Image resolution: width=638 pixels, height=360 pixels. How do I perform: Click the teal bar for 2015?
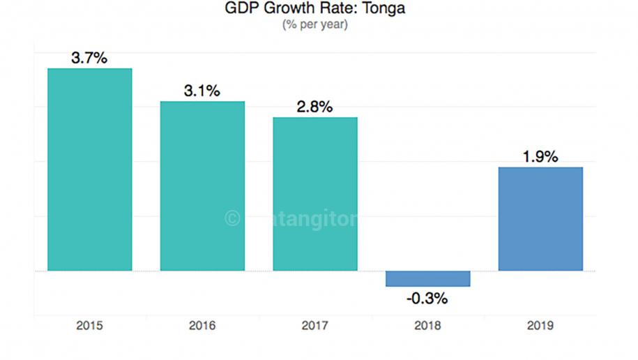(89, 170)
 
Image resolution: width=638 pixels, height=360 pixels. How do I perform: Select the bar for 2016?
(202, 186)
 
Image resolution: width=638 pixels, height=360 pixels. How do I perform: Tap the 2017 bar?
(315, 194)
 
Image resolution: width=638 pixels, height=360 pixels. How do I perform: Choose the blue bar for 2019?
(540, 218)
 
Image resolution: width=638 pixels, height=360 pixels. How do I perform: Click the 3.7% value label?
(89, 58)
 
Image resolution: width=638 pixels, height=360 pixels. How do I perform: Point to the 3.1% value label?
(202, 91)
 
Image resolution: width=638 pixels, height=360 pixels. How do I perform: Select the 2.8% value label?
(315, 107)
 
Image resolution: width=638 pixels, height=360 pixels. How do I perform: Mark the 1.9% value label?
(540, 157)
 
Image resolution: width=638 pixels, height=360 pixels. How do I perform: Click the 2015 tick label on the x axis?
(89, 326)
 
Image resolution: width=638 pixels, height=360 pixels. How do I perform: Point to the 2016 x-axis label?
(202, 326)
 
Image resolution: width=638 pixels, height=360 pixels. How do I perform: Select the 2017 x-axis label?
(315, 326)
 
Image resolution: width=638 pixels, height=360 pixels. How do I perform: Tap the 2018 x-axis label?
(427, 326)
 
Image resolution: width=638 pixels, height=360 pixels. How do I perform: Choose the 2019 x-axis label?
(540, 326)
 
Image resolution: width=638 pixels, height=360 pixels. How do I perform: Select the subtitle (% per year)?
(315, 25)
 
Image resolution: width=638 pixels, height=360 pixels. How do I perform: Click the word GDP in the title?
(239, 10)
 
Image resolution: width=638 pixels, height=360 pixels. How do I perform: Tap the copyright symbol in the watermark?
(231, 219)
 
